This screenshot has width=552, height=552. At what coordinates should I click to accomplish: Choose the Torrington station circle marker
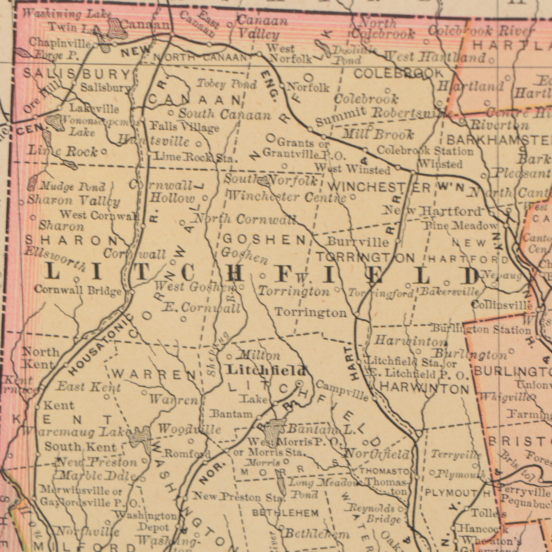pyautogui.click(x=357, y=314)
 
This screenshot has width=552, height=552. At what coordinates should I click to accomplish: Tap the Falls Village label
pyautogui.click(x=185, y=126)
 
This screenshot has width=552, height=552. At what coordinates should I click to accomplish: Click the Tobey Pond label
pyautogui.click(x=227, y=85)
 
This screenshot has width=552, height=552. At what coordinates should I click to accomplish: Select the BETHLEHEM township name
pyautogui.click(x=285, y=513)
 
